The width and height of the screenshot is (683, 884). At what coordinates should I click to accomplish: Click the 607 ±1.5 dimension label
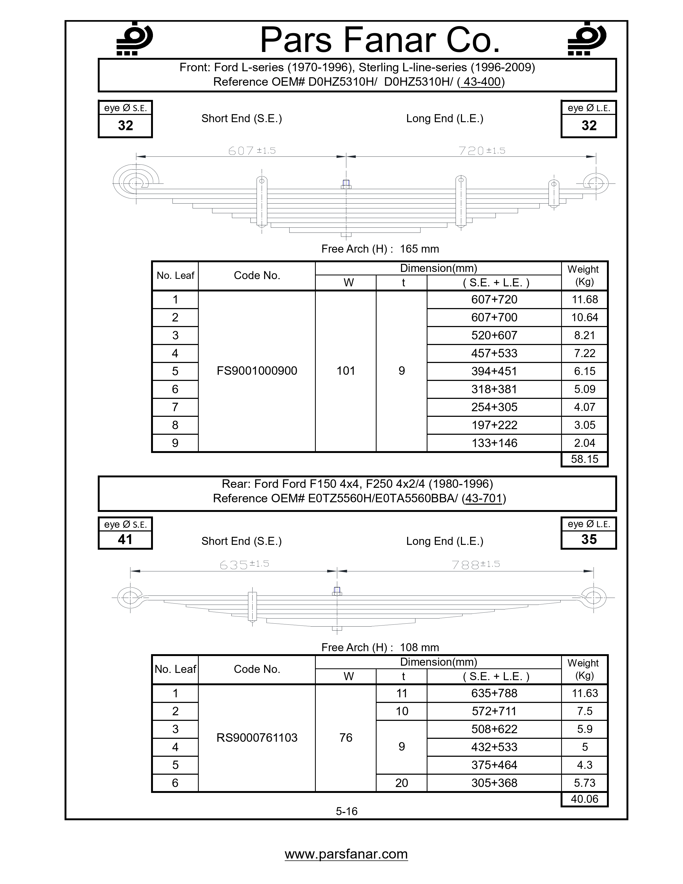point(252,151)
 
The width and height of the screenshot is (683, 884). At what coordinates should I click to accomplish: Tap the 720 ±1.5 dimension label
point(482,151)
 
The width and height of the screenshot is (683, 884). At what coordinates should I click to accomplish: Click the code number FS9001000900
point(257,371)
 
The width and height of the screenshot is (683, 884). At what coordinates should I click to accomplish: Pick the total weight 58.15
point(584,459)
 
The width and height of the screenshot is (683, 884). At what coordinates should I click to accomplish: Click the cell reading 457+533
point(494,353)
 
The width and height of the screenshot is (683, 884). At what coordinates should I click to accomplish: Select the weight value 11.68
point(584,299)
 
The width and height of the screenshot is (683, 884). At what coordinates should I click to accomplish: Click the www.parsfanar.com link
point(346,854)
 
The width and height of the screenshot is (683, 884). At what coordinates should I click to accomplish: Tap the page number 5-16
point(346,811)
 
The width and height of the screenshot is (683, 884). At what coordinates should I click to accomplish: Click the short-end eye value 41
point(125,540)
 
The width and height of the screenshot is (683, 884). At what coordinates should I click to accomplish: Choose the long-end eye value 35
point(589,540)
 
